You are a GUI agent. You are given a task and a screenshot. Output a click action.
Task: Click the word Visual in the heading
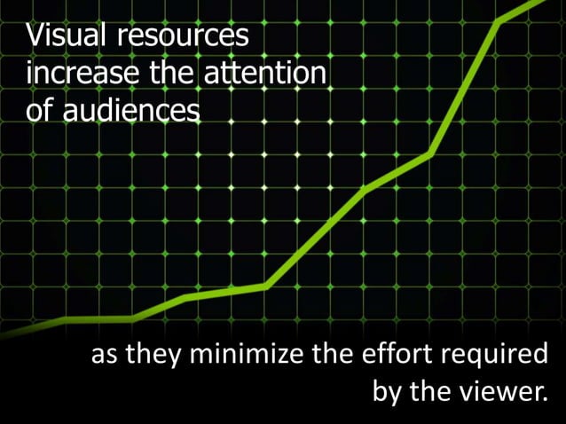pos(61,37)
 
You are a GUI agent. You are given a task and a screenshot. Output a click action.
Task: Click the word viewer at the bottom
pos(499,392)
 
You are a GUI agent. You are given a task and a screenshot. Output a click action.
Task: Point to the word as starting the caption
pos(106,357)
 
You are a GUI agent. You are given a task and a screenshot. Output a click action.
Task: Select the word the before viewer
pos(434,392)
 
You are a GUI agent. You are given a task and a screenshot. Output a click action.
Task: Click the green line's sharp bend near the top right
pos(499,22)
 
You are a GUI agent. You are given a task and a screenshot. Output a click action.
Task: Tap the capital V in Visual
pos(35,37)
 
